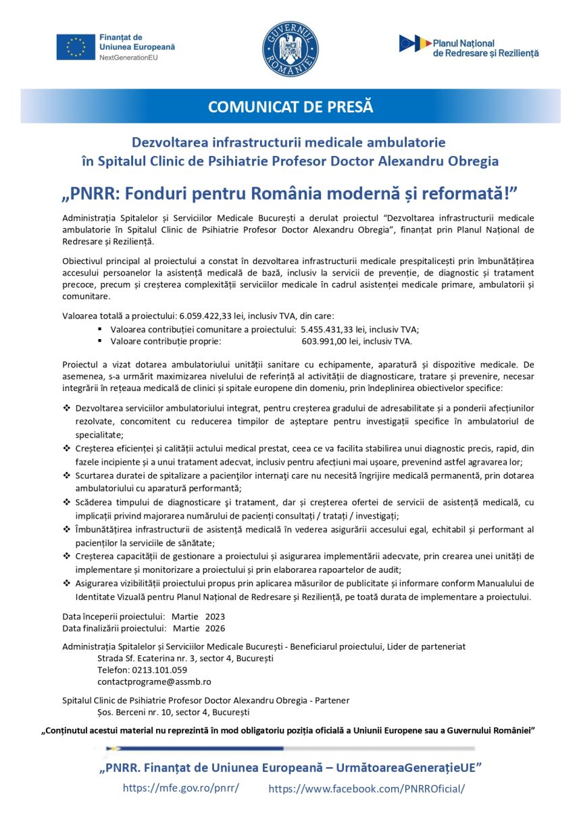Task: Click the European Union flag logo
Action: point(76,47)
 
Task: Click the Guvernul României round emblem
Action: point(290,49)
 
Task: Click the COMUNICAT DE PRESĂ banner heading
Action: point(290,107)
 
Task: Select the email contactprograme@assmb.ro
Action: point(154,682)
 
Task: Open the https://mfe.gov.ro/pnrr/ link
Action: point(181,788)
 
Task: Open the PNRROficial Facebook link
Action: point(367,789)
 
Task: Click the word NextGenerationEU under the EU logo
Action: point(128,58)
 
